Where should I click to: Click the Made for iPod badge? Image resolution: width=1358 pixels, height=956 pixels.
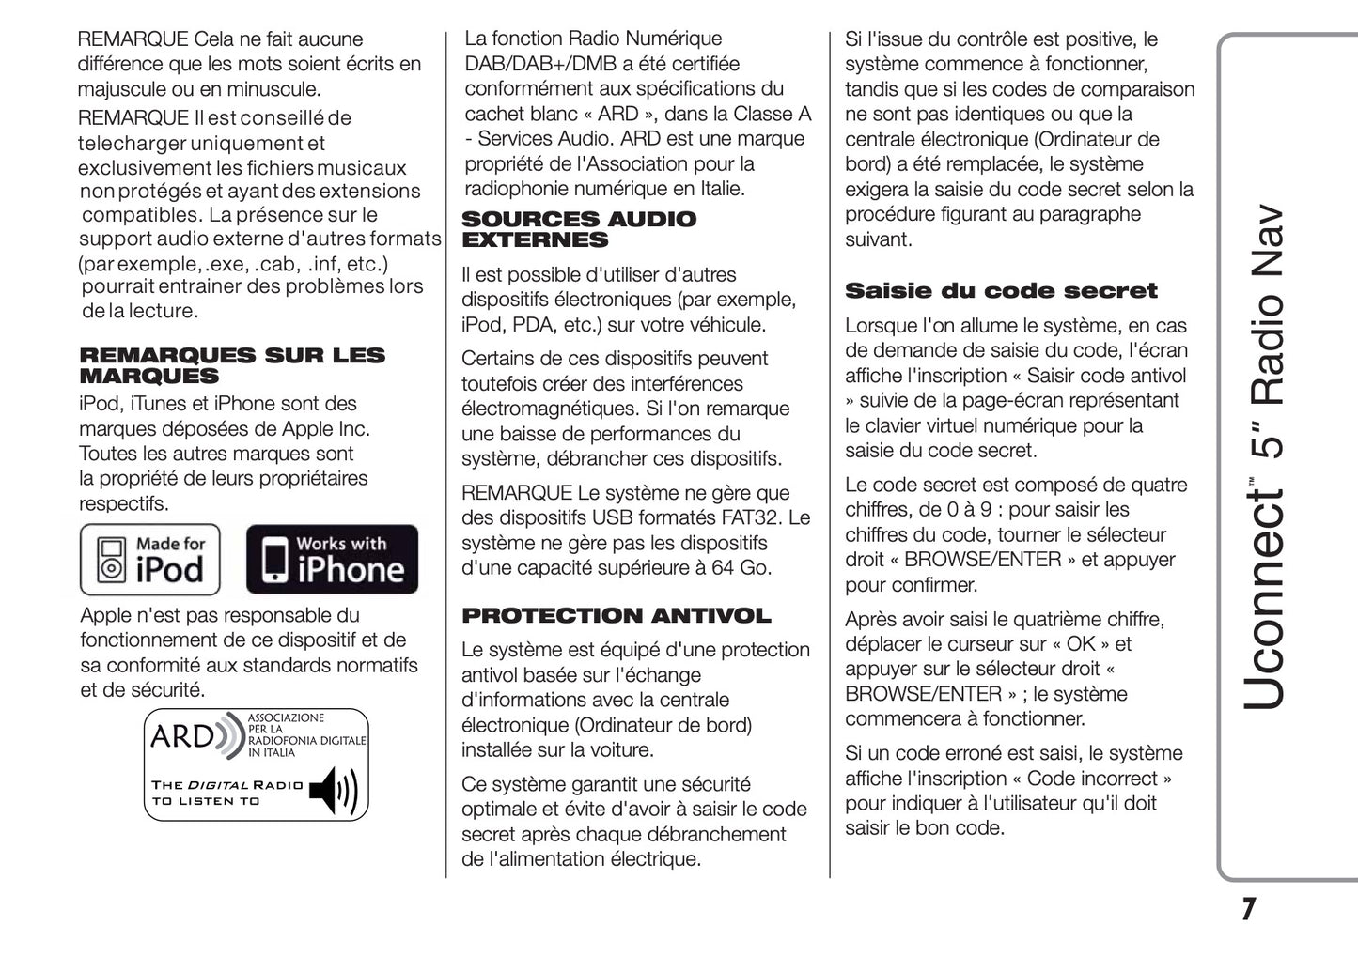tap(150, 560)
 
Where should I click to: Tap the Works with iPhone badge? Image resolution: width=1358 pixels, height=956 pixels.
tap(332, 560)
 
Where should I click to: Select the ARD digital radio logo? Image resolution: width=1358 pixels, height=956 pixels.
tap(256, 764)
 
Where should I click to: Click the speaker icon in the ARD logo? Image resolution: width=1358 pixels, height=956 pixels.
tap(333, 790)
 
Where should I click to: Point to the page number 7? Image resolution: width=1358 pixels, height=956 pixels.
tap(1247, 909)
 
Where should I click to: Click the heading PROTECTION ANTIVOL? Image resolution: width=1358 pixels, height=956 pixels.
tap(616, 616)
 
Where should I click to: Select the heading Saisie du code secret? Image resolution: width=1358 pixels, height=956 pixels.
tap(1000, 291)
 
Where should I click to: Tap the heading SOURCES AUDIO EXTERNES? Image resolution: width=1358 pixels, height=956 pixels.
tap(578, 229)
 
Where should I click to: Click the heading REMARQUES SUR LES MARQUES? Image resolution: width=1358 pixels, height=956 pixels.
tap(232, 365)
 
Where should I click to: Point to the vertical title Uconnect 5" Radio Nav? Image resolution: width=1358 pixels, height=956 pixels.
tap(1262, 456)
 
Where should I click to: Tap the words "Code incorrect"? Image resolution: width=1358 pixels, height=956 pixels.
tap(1092, 779)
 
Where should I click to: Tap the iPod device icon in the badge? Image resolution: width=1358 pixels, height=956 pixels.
tap(112, 561)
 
